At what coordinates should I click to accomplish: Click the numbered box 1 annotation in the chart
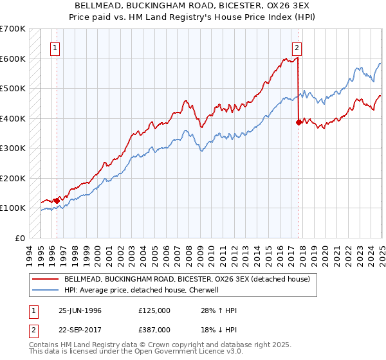pyautogui.click(x=55, y=48)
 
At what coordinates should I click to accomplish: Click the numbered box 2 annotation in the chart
pyautogui.click(x=297, y=48)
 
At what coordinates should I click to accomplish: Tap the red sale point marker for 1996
pyautogui.click(x=57, y=201)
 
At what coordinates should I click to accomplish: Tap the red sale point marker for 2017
pyautogui.click(x=299, y=122)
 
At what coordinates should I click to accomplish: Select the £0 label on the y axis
pyautogui.click(x=19, y=238)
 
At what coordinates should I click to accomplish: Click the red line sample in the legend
pyautogui.click(x=45, y=279)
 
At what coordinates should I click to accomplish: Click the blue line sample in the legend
pyautogui.click(x=45, y=290)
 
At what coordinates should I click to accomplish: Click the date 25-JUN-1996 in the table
pyautogui.click(x=80, y=310)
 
